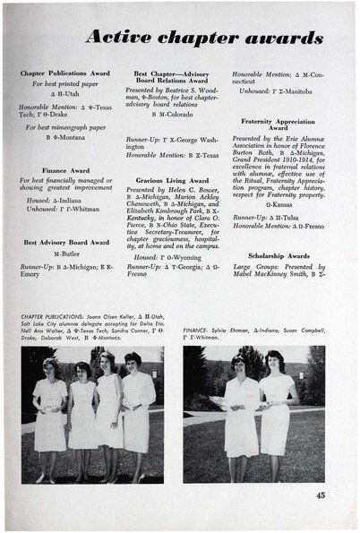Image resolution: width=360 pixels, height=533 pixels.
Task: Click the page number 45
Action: tap(320, 494)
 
